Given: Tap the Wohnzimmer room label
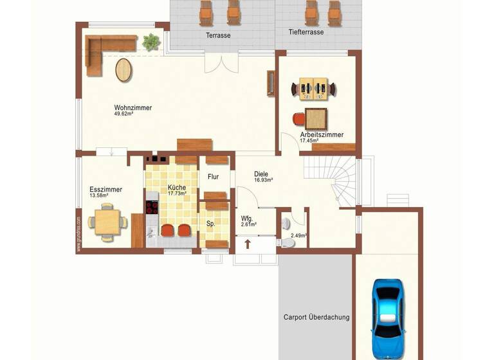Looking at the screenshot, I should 133,107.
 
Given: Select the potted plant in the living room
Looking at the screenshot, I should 152,42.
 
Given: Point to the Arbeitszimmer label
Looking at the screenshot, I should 322,135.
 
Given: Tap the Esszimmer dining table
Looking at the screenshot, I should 107,222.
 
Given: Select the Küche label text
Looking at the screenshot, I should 177,187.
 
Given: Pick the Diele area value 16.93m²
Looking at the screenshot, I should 263,181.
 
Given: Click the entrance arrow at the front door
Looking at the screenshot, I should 248,245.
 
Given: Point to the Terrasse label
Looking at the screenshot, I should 218,35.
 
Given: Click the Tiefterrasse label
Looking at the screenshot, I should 306,32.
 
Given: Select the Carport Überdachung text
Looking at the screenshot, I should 316,317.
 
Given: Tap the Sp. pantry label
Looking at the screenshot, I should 210,224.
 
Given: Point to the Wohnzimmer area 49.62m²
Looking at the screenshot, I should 123,114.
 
